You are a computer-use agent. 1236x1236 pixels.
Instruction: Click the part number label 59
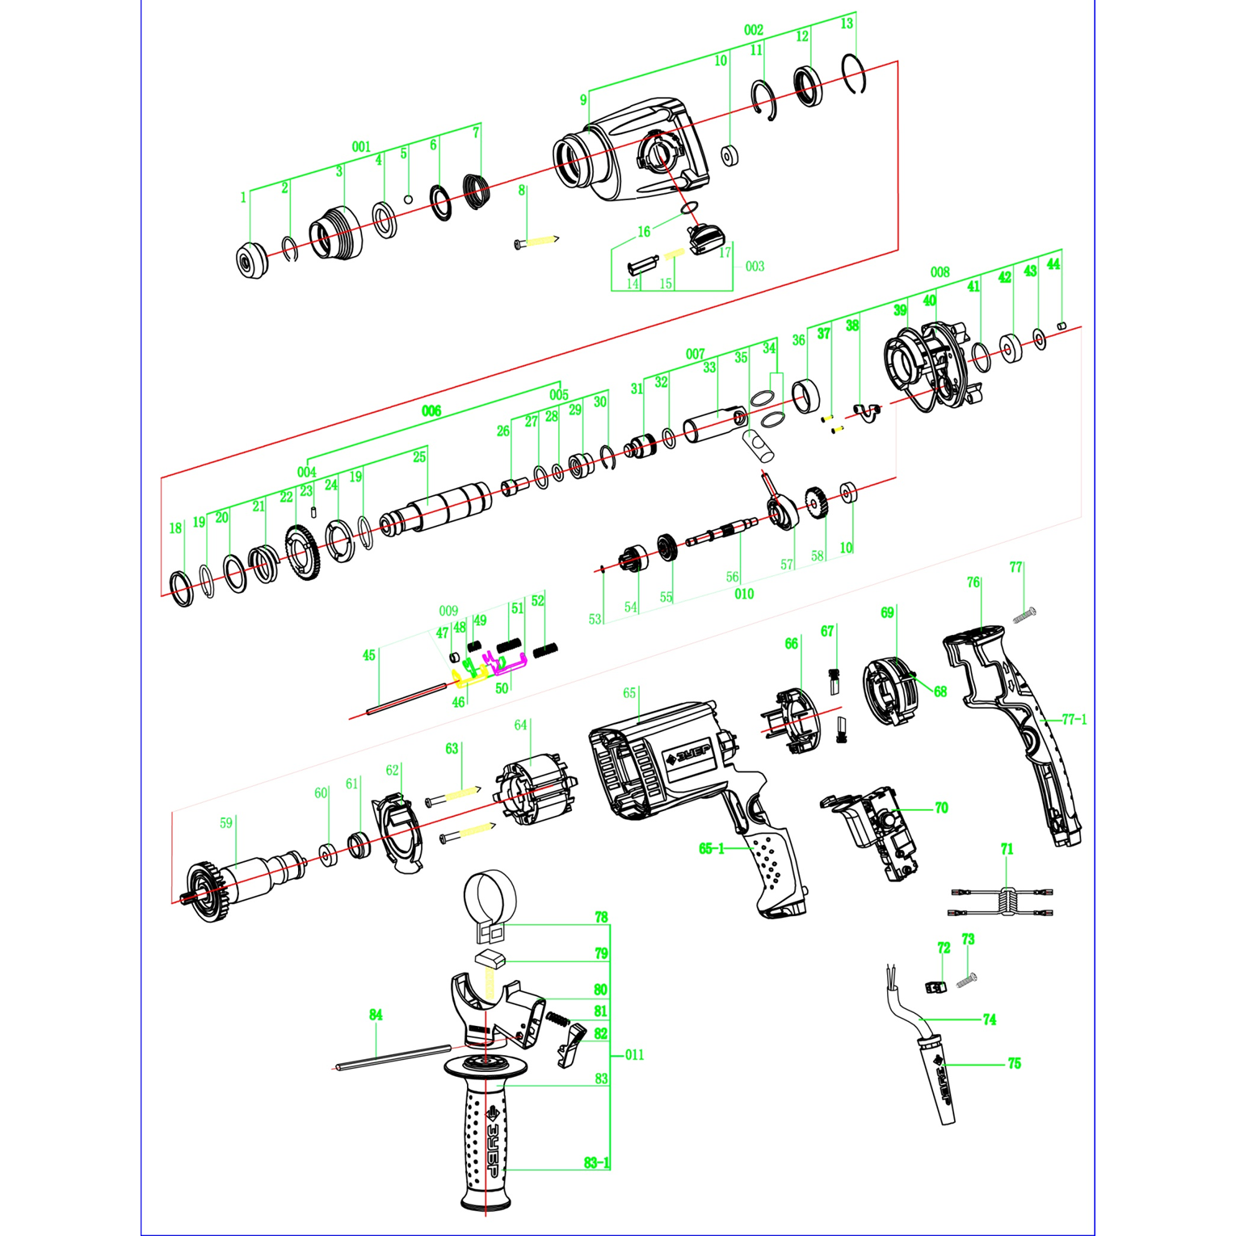click(x=226, y=822)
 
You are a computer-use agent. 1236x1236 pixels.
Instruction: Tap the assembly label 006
click(x=431, y=410)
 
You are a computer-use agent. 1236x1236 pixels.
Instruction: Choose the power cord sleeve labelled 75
click(x=940, y=1078)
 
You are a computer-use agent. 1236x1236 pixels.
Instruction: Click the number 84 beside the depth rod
click(x=376, y=1015)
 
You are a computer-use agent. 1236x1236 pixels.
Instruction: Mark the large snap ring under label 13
click(x=854, y=74)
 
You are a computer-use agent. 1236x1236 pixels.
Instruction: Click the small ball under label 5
click(x=408, y=200)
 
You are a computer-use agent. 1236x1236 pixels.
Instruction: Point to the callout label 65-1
click(x=711, y=848)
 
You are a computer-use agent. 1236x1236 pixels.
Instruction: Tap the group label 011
click(x=635, y=1054)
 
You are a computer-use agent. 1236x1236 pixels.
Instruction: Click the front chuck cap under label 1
click(x=252, y=260)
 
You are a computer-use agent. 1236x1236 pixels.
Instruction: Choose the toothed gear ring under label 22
click(x=304, y=553)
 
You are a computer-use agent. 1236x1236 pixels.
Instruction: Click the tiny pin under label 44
click(x=1062, y=326)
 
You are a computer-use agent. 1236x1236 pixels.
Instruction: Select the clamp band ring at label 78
click(x=490, y=901)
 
